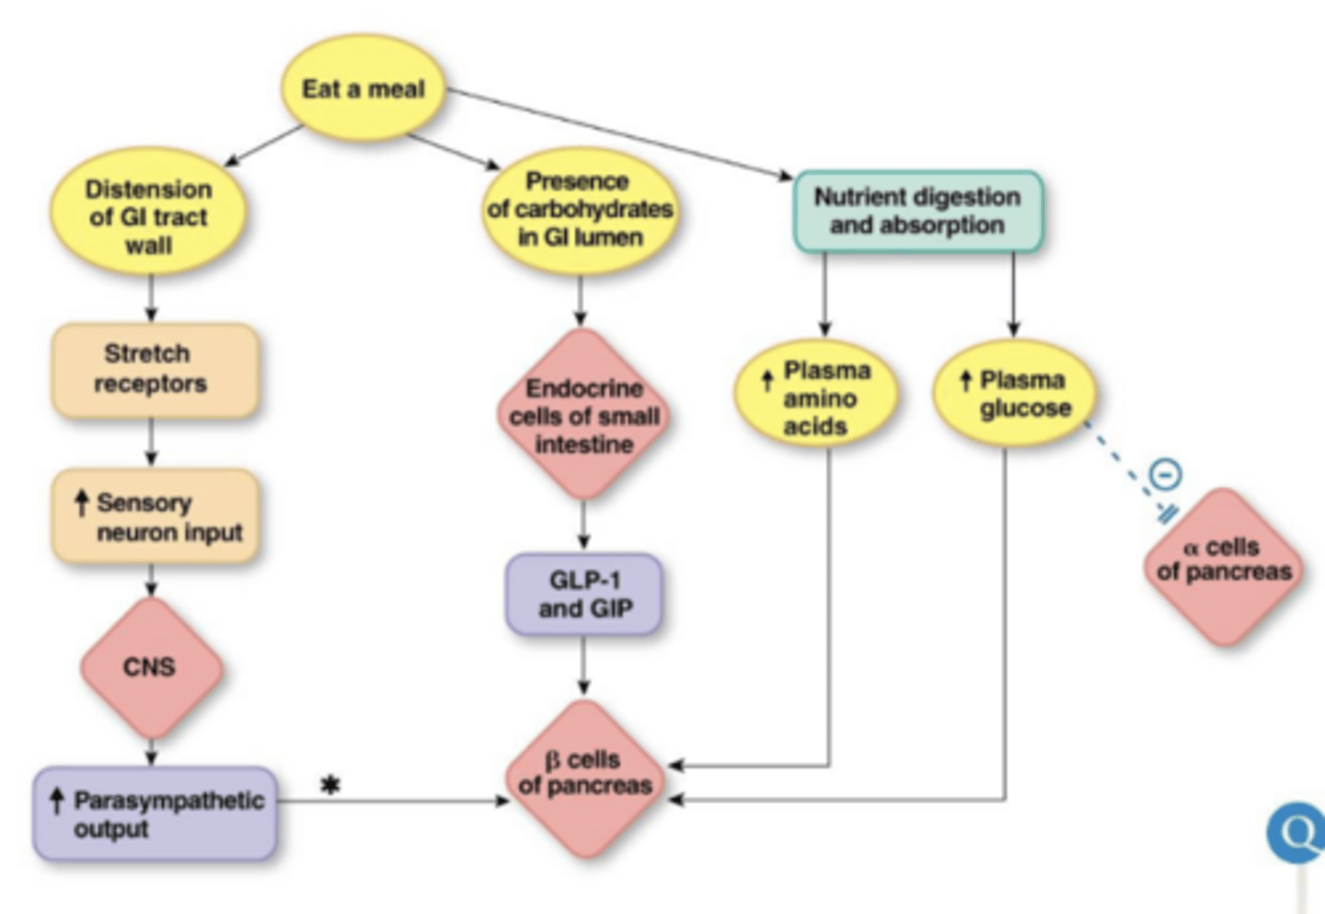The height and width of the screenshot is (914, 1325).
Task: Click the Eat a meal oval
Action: point(363,88)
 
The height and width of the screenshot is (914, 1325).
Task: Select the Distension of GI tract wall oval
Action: point(148,215)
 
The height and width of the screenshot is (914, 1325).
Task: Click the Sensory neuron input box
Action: point(155,516)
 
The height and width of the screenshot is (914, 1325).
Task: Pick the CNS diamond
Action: point(151,667)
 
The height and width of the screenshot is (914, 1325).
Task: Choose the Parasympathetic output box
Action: point(155,814)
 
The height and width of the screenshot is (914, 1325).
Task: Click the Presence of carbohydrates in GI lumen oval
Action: point(580,210)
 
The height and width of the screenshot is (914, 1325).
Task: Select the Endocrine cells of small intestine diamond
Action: point(583,415)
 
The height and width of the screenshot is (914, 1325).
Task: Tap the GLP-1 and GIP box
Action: point(583,595)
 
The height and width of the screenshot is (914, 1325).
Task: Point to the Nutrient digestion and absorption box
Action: point(917,211)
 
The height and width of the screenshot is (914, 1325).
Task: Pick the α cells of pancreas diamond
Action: point(1224,565)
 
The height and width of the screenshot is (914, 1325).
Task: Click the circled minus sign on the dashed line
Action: point(1165,475)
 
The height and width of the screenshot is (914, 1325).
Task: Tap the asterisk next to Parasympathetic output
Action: point(329,785)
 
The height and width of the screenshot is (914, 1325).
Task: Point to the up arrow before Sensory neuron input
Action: point(82,503)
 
